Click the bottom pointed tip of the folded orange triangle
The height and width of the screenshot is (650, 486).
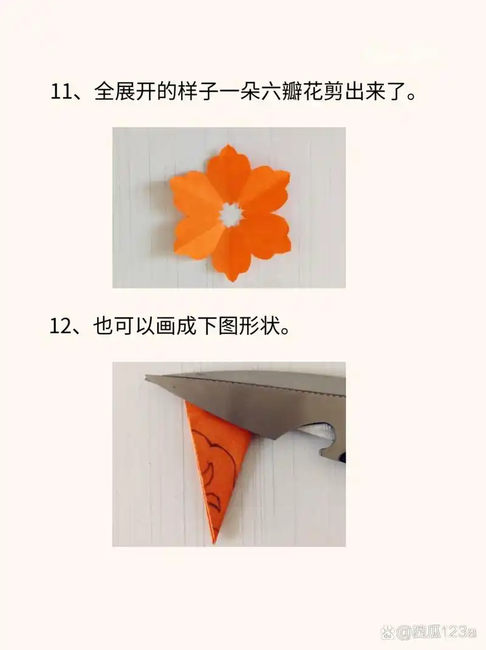click(214, 540)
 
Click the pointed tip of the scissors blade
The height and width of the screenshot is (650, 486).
click(147, 378)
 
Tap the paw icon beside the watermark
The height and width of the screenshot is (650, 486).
click(387, 632)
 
